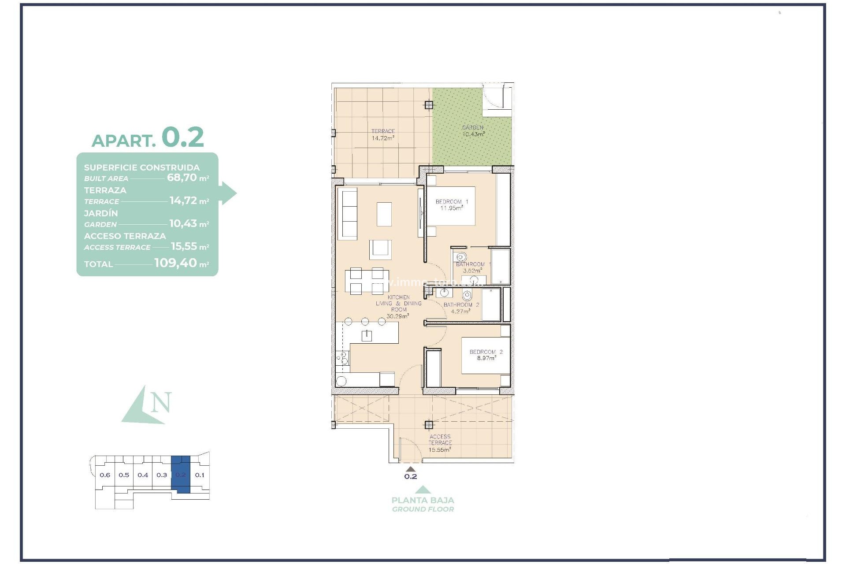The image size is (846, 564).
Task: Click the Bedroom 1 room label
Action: click(452, 202)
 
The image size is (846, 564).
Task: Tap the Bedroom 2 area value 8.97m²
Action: click(486, 358)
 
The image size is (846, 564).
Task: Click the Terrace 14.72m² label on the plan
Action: click(382, 135)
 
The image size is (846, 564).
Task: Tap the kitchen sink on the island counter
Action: click(367, 336)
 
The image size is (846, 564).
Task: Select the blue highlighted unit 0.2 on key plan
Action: click(181, 475)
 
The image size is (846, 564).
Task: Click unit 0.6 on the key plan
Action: click(105, 475)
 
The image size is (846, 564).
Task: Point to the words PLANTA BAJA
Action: click(423, 500)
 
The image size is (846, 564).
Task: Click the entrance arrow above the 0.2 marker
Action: click(410, 469)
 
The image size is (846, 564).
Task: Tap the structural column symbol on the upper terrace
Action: click(429, 105)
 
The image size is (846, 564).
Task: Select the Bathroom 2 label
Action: click(461, 305)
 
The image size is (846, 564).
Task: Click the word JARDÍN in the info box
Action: click(101, 213)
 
